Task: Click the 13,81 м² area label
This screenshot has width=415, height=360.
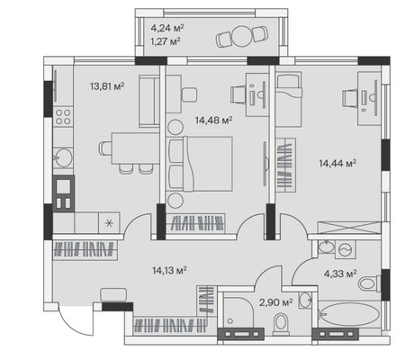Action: pyautogui.click(x=107, y=86)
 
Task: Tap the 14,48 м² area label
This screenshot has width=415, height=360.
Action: pyautogui.click(x=214, y=121)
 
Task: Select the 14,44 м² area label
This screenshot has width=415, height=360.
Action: pyautogui.click(x=338, y=164)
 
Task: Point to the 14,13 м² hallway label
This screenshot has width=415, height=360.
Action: pyautogui.click(x=169, y=271)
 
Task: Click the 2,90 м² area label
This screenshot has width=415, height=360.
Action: pyautogui.click(x=276, y=302)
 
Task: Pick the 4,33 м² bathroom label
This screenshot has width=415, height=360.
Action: pyautogui.click(x=340, y=274)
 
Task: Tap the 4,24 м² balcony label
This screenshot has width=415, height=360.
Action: pyautogui.click(x=167, y=28)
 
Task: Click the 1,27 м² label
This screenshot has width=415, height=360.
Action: pyautogui.click(x=166, y=40)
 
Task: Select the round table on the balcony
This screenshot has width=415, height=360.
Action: pyautogui.click(x=241, y=36)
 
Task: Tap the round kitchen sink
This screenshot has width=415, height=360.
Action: pyautogui.click(x=63, y=157)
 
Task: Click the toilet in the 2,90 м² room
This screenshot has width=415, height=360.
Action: pyautogui.click(x=281, y=323)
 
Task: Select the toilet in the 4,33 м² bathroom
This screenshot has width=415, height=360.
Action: pyautogui.click(x=369, y=283)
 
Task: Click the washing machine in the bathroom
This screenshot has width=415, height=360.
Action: pyautogui.click(x=345, y=248)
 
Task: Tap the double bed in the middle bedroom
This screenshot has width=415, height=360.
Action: pyautogui.click(x=201, y=164)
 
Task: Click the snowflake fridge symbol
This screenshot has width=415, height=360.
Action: pyautogui.click(x=110, y=222)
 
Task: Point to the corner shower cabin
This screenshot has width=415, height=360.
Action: pyautogui.click(x=239, y=313)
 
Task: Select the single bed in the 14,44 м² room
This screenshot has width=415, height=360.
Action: pyautogui.click(x=288, y=99)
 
